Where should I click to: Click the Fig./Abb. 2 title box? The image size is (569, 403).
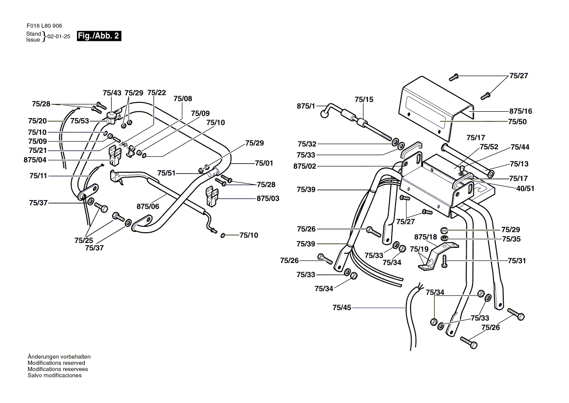coord(99,36)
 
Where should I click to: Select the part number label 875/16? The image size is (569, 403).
coord(521,111)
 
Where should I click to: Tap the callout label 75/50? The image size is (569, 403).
coord(517,122)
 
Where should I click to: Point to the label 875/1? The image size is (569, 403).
coord(306,106)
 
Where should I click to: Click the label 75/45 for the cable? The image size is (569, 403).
coord(342,308)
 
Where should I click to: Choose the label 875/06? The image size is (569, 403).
coord(148,206)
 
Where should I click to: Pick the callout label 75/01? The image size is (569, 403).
coord(264,163)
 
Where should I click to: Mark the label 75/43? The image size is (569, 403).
coord(112,93)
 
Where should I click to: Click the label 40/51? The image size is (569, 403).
coord(526,188)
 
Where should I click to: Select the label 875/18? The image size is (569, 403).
coord(426,237)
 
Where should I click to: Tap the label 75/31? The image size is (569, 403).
coord(517,261)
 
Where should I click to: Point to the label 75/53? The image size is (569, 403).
coord(80,121)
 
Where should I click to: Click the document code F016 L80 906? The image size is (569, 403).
coord(44,26)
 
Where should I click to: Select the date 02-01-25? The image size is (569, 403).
coord(59,37)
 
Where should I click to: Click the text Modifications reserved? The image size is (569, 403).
coord(56,363)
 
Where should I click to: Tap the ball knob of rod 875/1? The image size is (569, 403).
coord(324,115)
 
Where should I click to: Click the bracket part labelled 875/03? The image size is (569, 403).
coord(211,196)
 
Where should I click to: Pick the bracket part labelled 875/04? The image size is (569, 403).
coord(116,156)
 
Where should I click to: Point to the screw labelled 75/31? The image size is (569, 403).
coord(444,262)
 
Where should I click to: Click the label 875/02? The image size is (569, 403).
coord(305,166)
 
